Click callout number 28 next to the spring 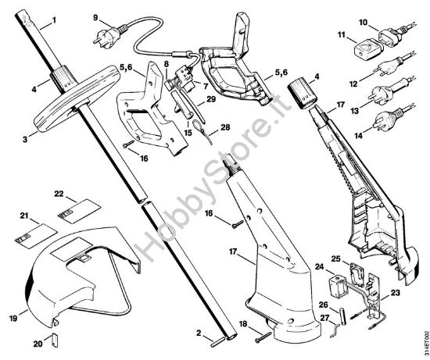[x=225, y=127]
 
